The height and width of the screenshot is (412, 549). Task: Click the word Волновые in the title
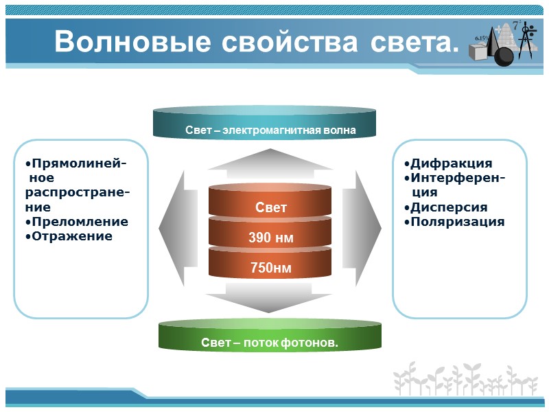point(132,42)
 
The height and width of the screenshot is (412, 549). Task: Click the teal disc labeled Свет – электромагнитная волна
point(264,124)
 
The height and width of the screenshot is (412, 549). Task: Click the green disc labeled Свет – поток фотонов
point(270,336)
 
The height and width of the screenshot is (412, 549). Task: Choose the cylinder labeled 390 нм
point(270,237)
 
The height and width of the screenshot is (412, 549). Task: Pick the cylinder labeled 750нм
point(270,267)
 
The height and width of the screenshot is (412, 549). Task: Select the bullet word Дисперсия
point(448,207)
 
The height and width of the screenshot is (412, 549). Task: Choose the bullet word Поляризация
point(456,222)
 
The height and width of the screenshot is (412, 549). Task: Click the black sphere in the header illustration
point(504,56)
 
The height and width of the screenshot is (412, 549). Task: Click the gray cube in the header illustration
point(479,53)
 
